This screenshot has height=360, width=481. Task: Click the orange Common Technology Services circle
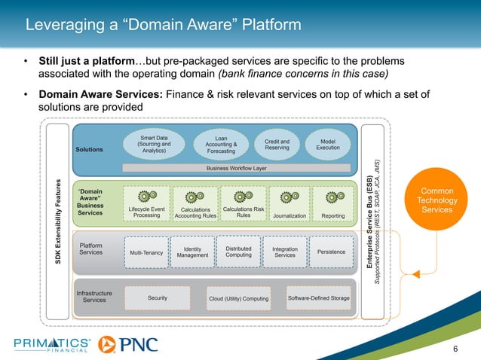point(437,199)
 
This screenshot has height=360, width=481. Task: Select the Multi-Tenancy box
point(146,253)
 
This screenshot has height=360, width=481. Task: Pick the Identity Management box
point(191,252)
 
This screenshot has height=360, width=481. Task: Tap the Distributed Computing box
point(238,252)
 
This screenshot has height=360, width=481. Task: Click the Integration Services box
point(285,252)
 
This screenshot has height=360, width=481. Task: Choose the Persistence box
point(332,252)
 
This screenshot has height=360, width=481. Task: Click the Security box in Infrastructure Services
point(158,298)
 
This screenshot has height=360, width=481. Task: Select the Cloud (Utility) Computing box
point(238,299)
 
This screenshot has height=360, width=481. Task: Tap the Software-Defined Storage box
point(319,298)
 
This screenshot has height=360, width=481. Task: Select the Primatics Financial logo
point(53,345)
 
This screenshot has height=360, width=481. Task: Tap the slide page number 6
point(455,348)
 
